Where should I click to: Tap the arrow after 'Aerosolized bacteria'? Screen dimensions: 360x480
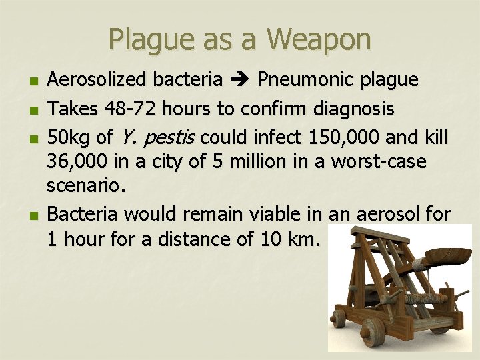point(240,81)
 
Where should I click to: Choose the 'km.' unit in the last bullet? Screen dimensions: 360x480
point(305,238)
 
